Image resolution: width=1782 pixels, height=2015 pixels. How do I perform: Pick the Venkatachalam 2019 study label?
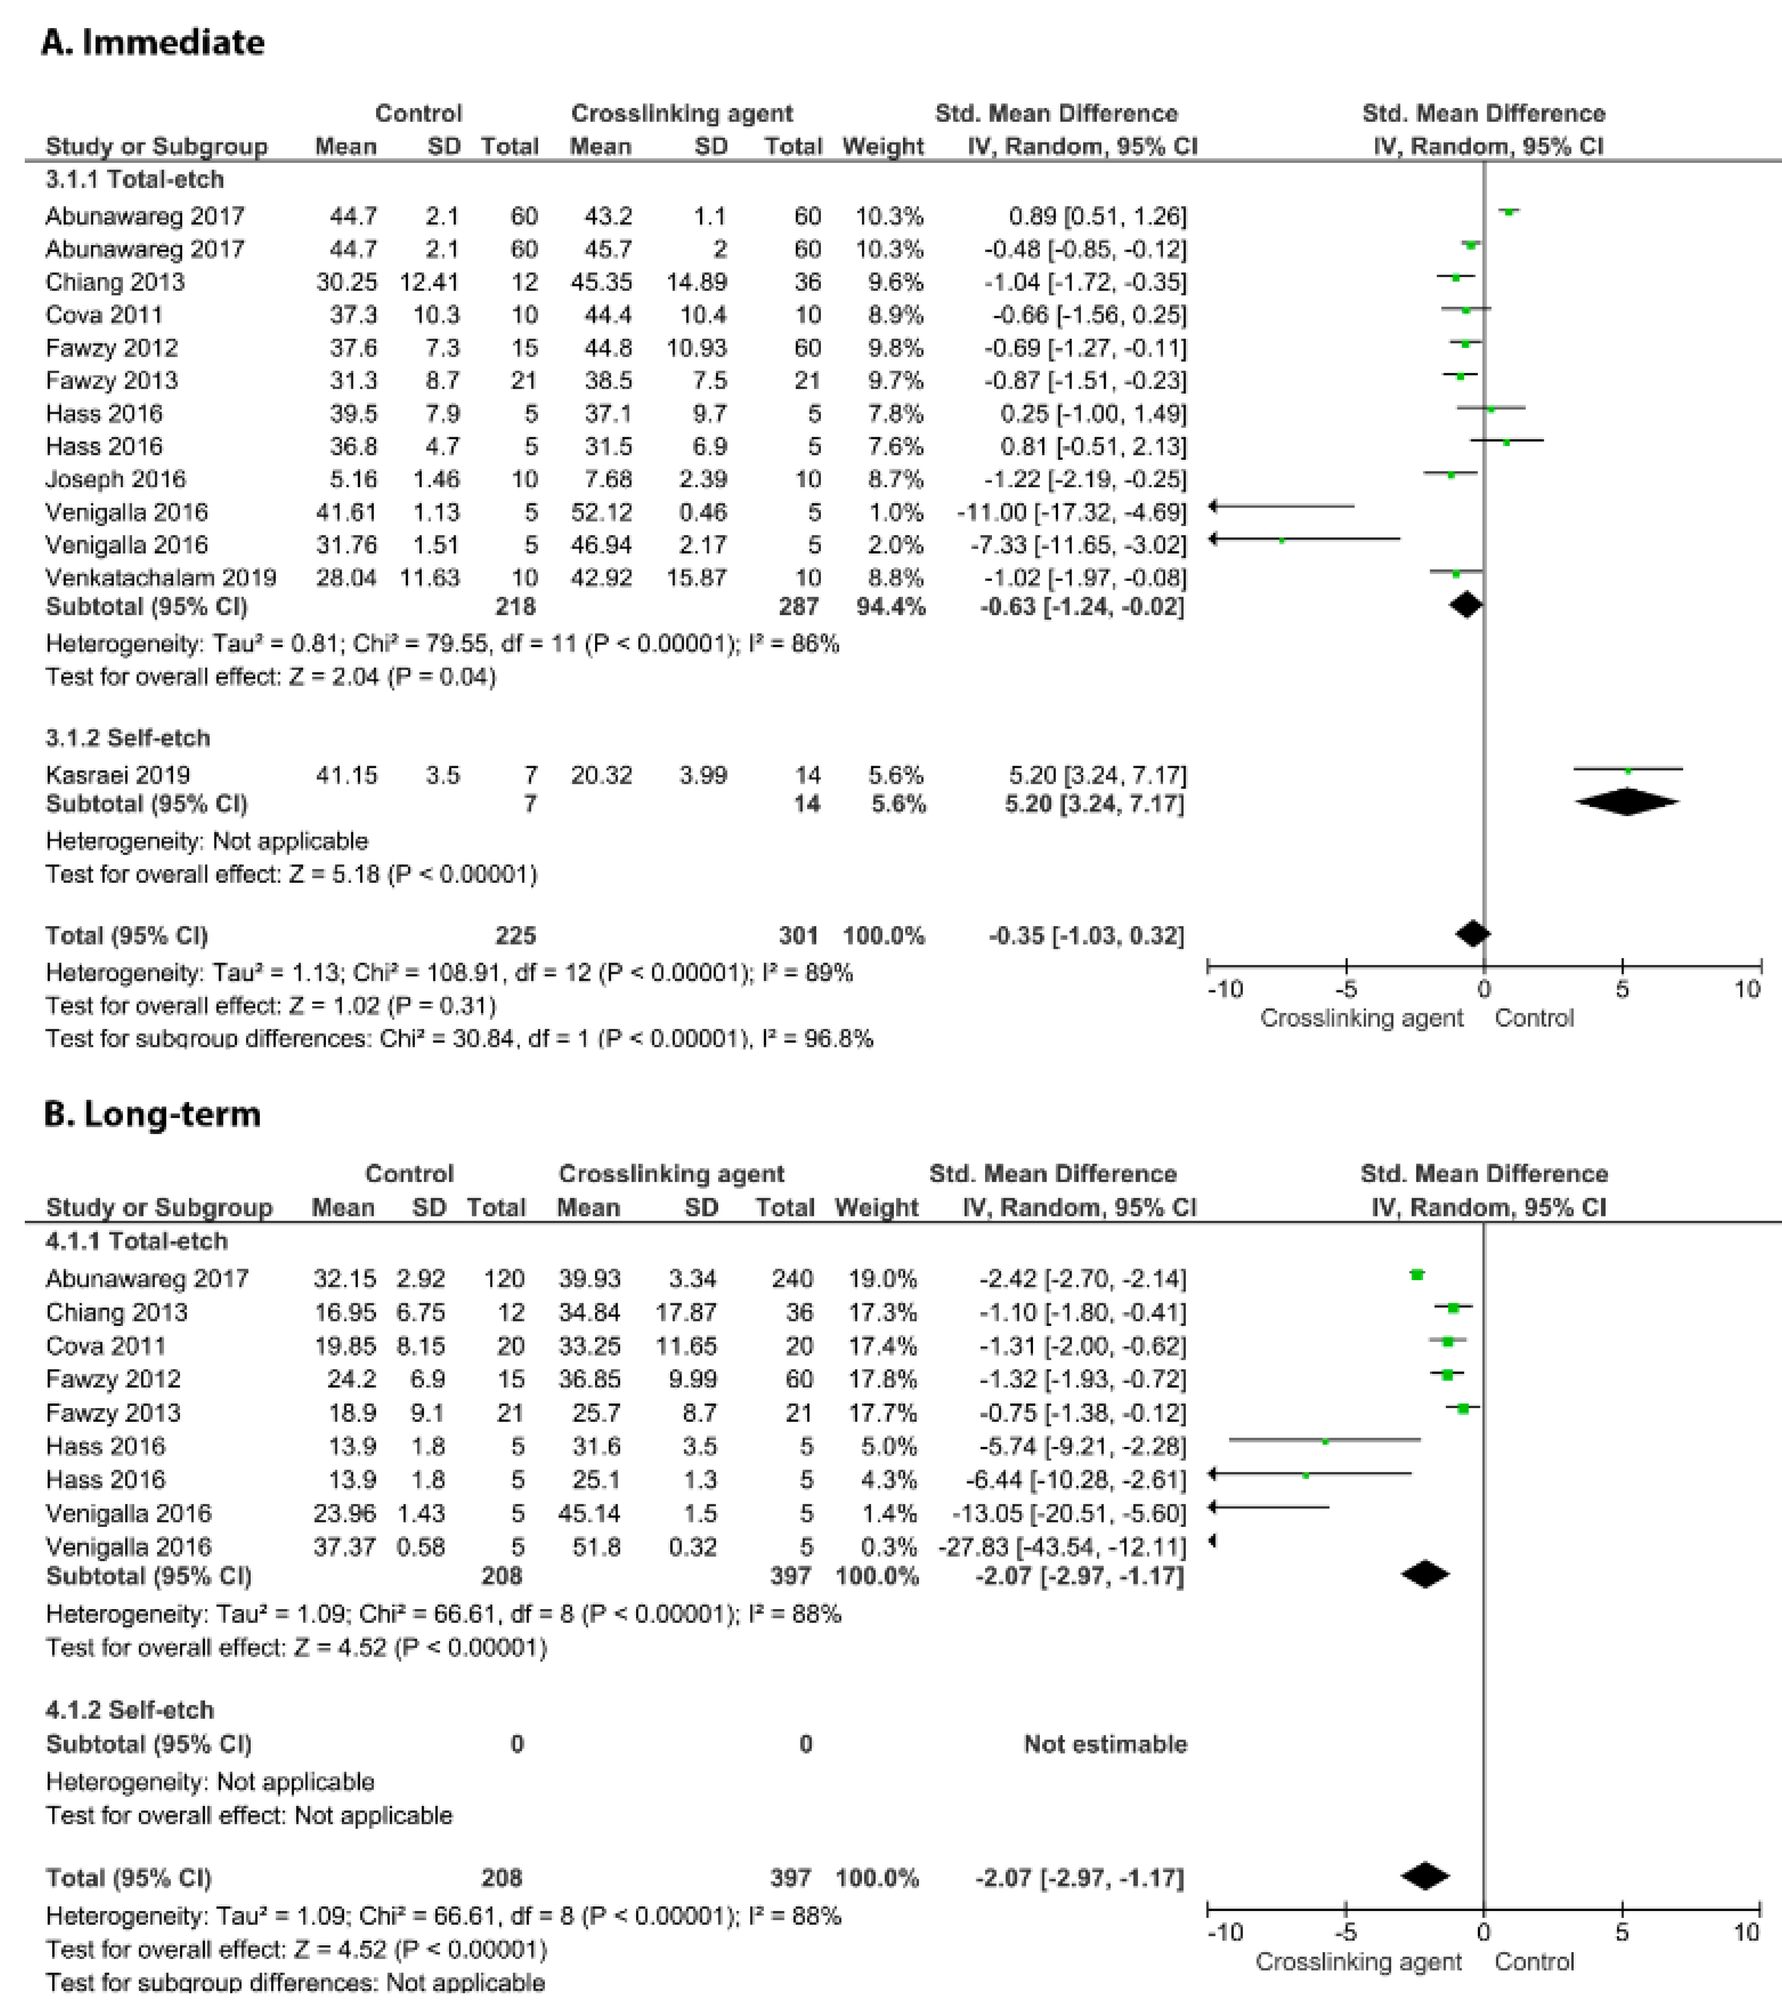[x=161, y=578]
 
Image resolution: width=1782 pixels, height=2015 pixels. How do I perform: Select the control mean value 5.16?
[x=353, y=479]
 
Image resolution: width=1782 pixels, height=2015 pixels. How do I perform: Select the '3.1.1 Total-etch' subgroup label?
[x=135, y=179]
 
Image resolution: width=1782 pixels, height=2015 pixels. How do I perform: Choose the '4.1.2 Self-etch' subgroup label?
[x=130, y=1710]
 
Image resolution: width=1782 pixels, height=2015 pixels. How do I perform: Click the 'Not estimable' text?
[x=1105, y=1744]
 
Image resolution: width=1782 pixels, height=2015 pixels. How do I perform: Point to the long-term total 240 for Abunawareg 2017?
[x=785, y=1278]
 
